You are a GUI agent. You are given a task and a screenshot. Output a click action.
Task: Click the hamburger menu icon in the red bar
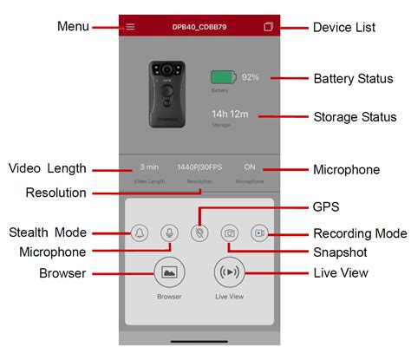coord(130,27)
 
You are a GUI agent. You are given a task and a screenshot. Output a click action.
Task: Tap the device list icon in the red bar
coord(268,27)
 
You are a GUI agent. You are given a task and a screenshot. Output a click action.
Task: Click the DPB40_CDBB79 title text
coord(199,27)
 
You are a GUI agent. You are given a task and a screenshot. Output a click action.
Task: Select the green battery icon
coord(222,78)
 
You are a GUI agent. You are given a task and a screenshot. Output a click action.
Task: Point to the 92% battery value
coord(251,78)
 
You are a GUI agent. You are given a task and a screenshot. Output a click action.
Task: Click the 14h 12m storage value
coord(231,114)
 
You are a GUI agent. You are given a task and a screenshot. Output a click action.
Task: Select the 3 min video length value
coord(148,167)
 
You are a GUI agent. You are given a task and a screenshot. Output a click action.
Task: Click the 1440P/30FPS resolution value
coord(199,167)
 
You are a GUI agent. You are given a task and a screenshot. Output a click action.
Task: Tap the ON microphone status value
coord(250,167)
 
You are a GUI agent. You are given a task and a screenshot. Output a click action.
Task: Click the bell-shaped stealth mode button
coord(140,232)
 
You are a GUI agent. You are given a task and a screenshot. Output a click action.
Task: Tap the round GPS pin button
coord(199,232)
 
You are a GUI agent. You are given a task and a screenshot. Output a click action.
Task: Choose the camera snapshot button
coord(230,232)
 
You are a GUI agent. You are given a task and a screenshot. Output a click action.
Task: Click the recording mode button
coord(259,232)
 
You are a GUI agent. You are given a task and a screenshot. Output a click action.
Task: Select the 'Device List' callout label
coord(344,27)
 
